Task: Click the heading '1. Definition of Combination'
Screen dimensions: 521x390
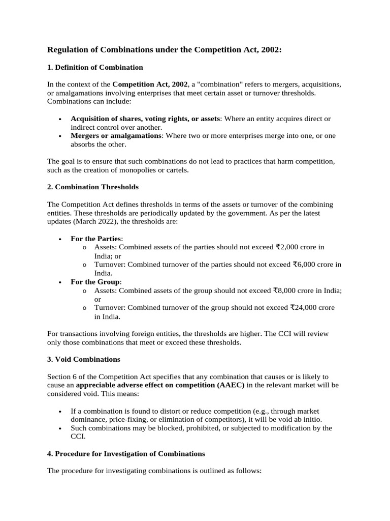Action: [95, 67]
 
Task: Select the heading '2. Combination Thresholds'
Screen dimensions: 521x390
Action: [92, 187]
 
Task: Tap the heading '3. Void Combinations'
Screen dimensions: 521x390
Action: [83, 359]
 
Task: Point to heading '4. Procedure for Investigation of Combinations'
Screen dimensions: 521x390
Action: [126, 453]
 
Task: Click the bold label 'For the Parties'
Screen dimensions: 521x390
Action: [96, 238]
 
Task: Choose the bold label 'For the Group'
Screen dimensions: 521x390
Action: [95, 282]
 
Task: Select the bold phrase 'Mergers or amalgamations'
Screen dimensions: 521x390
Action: [116, 136]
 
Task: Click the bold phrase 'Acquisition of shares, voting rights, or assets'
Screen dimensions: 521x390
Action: [145, 119]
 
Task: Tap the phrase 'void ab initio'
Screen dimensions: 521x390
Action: [300, 420]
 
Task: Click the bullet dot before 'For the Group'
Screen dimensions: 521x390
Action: [60, 282]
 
